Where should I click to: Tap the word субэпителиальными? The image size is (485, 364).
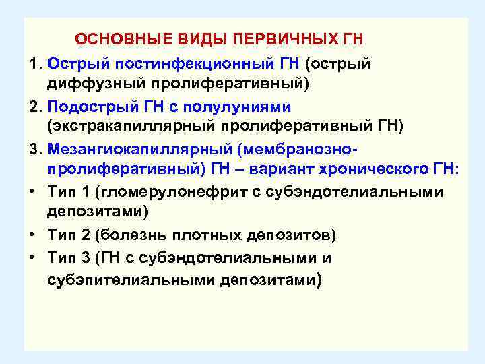click(x=131, y=279)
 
